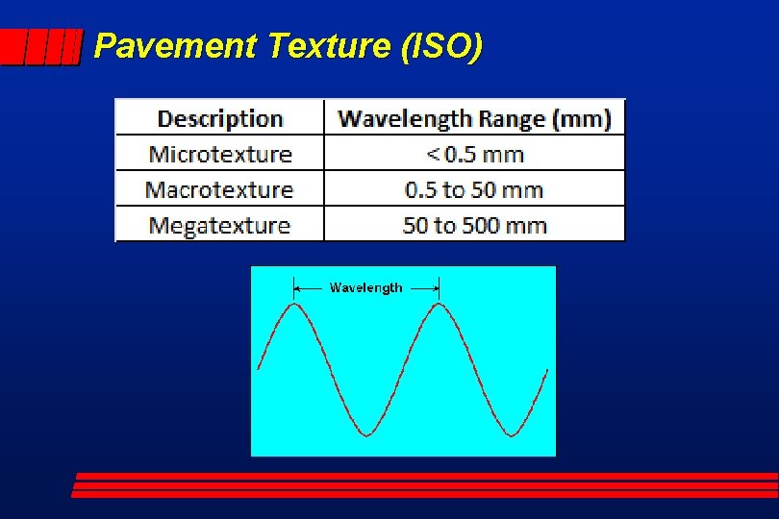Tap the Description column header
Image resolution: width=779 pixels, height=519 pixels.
[x=219, y=119]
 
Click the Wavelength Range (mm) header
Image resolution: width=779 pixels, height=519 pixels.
[x=474, y=119]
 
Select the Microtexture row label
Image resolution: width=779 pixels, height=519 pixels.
[x=219, y=154]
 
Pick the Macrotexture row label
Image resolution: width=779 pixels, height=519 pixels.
[x=219, y=189]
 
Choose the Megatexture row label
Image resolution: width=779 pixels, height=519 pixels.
[x=219, y=226]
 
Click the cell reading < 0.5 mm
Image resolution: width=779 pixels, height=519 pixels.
[x=474, y=154]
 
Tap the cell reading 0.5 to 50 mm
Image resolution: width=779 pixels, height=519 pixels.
[x=474, y=189]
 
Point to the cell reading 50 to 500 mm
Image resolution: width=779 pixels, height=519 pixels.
[x=474, y=226]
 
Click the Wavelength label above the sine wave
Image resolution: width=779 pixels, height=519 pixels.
[x=365, y=287]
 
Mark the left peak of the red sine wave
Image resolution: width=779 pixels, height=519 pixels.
[x=294, y=305]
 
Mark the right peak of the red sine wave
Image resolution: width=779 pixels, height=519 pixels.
[x=439, y=305]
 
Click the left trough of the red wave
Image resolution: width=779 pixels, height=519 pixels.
[x=366, y=434]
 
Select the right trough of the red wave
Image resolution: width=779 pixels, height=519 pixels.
[x=511, y=434]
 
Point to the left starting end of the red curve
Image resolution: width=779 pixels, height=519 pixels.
[x=259, y=368]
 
